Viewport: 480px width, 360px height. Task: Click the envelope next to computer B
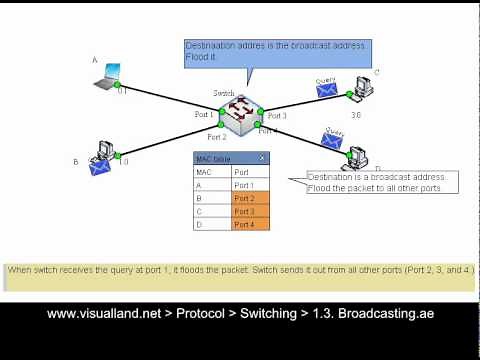(x=99, y=167)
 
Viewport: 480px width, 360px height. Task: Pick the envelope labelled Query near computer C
(x=326, y=91)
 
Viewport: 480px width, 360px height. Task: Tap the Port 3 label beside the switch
(x=277, y=116)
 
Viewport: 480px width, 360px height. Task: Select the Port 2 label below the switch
(x=217, y=137)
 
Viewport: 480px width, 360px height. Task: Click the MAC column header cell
(x=211, y=172)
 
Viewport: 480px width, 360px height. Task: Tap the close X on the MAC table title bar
(x=262, y=158)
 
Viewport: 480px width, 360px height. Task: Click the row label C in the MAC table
(x=211, y=211)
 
